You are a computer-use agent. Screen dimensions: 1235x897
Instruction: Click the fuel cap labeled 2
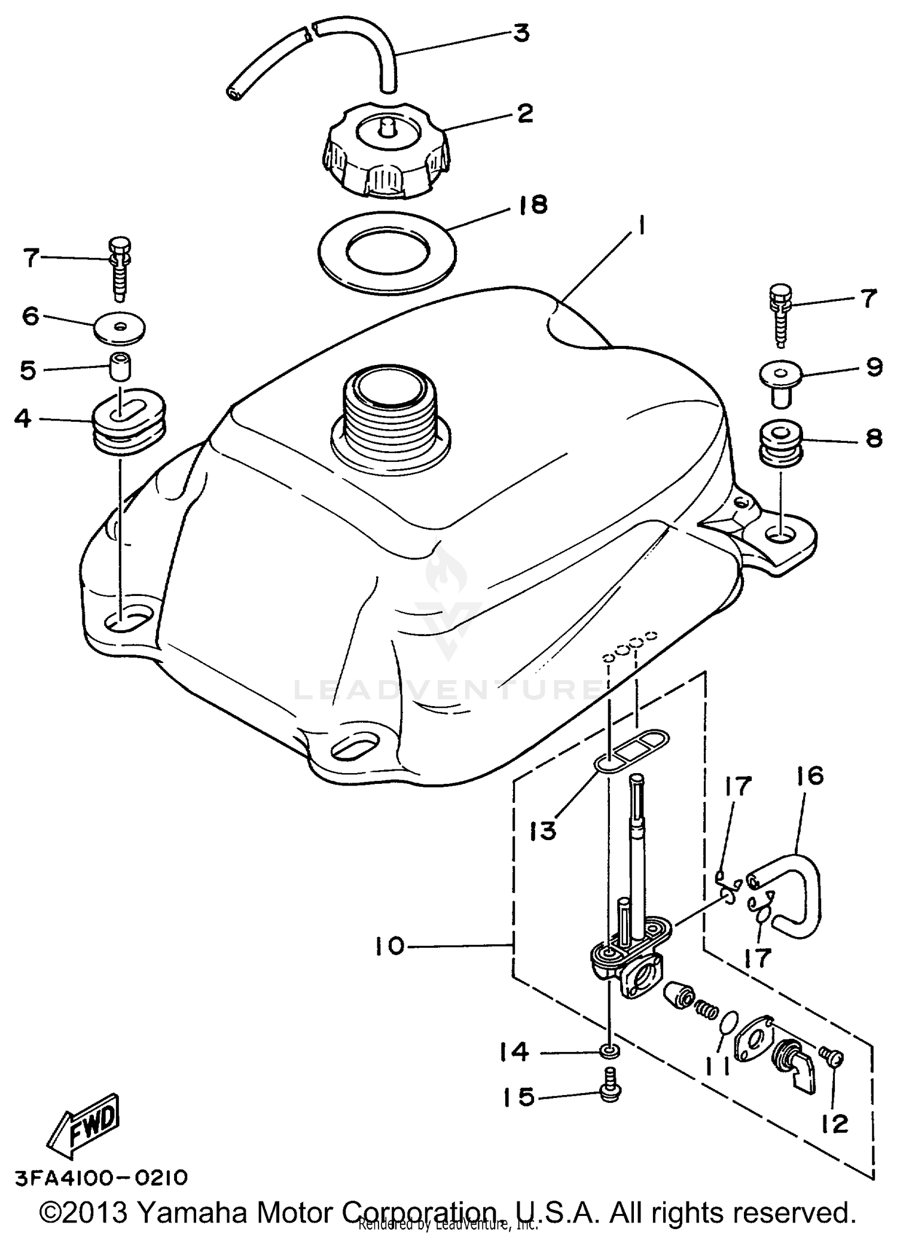[x=386, y=153]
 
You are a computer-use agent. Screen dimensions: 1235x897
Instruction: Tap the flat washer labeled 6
[x=120, y=328]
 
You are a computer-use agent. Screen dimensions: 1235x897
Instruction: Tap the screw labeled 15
[x=610, y=1091]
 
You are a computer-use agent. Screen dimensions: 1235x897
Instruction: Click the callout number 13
[x=543, y=831]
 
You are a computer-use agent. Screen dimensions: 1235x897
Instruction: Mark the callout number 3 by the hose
[x=522, y=34]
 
